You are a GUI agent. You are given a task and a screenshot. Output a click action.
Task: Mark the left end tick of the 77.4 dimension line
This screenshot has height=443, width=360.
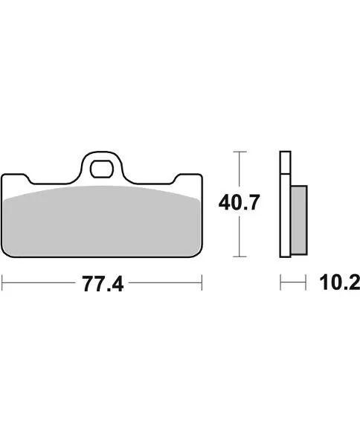click(2, 283)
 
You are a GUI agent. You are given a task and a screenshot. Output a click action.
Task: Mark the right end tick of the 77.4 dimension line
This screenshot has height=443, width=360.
click(202, 283)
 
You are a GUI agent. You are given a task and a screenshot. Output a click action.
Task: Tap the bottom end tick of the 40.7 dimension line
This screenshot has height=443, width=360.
click(238, 256)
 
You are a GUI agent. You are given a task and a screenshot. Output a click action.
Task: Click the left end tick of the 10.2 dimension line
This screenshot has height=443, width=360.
click(280, 283)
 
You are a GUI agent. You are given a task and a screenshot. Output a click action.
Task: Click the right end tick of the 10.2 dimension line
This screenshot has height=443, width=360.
click(306, 283)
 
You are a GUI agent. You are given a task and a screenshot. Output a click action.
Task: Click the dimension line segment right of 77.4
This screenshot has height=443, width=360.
click(164, 283)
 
